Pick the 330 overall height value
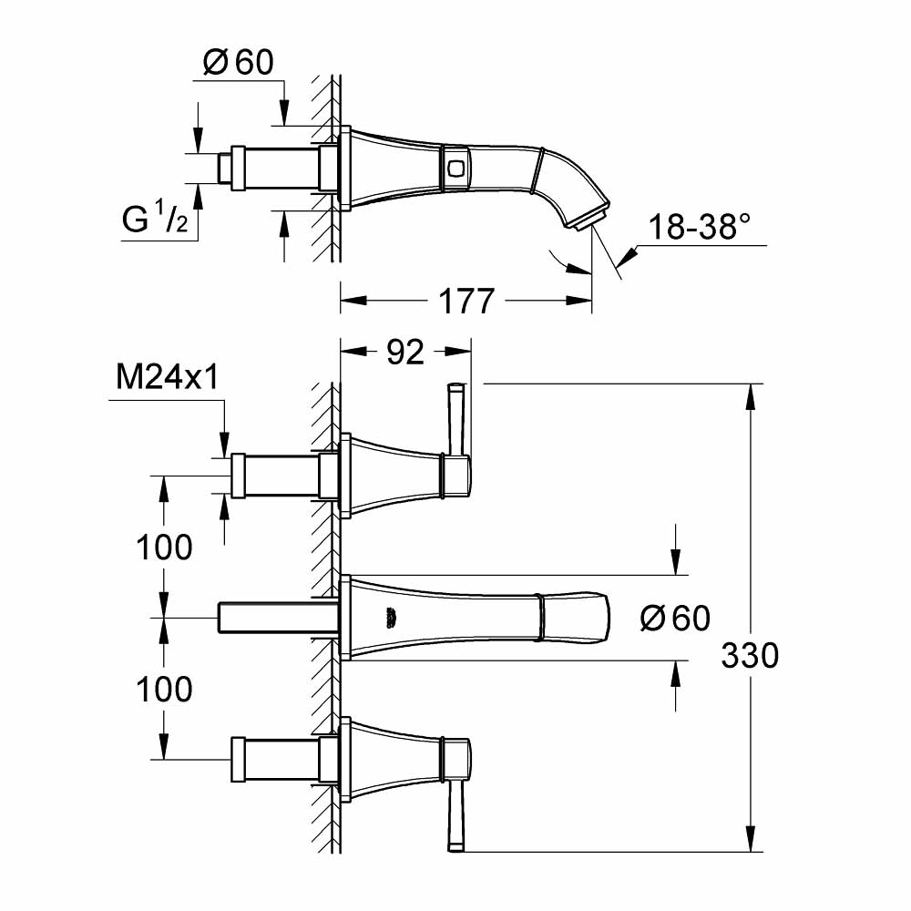[750, 655]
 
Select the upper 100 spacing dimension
[164, 547]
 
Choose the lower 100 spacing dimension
[164, 690]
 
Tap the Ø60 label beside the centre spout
[675, 619]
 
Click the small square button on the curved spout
[455, 166]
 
